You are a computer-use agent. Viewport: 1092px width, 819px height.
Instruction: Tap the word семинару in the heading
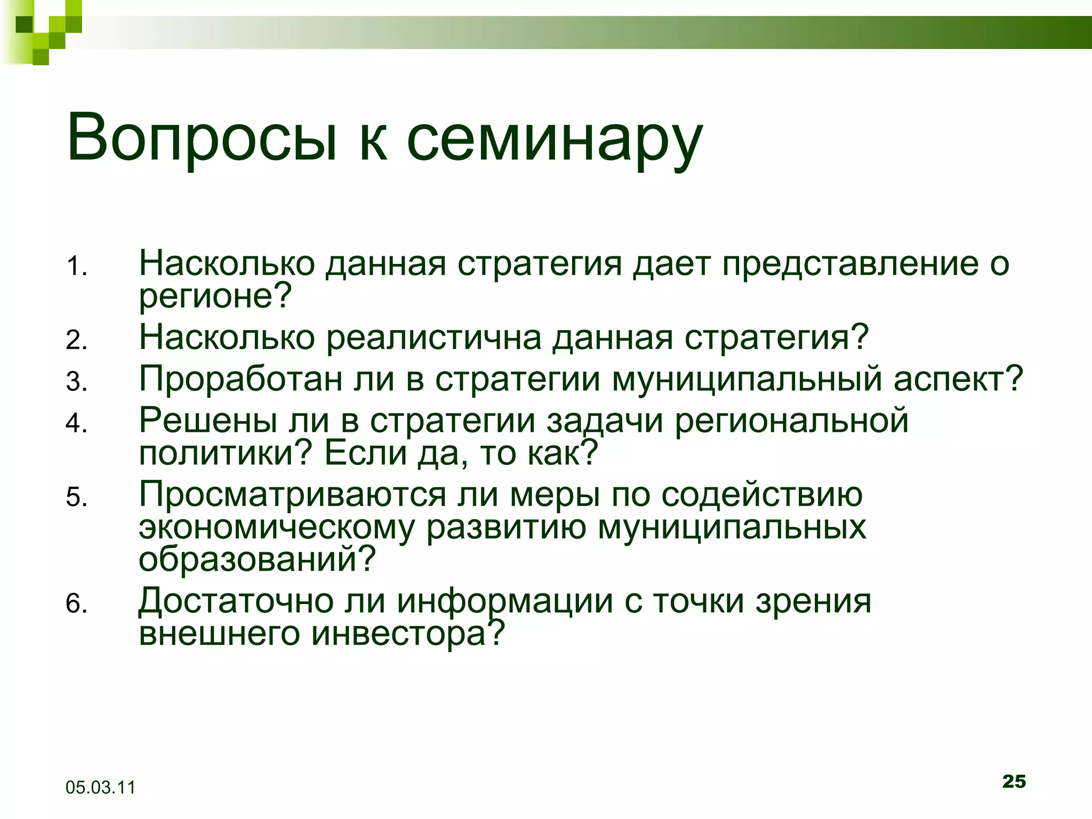pyautogui.click(x=555, y=141)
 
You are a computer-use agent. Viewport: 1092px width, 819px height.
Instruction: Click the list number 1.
pyautogui.click(x=76, y=266)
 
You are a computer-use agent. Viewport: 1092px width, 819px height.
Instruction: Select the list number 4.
pyautogui.click(x=76, y=423)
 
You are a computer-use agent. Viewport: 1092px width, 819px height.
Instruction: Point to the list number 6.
pyautogui.click(x=76, y=604)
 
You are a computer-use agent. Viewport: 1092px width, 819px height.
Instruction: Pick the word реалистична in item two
pyautogui.click(x=433, y=338)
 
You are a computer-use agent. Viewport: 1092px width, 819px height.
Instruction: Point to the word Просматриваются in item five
pyautogui.click(x=292, y=495)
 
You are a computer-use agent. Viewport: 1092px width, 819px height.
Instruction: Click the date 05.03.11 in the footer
pyautogui.click(x=100, y=787)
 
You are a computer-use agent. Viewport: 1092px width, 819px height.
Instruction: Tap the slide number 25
pyautogui.click(x=1014, y=781)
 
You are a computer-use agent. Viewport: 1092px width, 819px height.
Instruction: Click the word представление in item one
pyautogui.click(x=850, y=264)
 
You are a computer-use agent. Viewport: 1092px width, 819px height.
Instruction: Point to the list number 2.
pyautogui.click(x=76, y=340)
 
